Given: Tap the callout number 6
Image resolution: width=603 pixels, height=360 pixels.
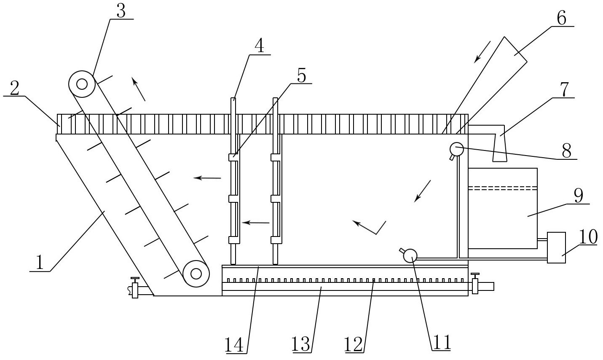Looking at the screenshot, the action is pos(561,19).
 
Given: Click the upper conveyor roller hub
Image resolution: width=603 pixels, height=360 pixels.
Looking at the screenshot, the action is pos(82,84).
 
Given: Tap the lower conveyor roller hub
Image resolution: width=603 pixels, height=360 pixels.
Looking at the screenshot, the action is pos(196,274).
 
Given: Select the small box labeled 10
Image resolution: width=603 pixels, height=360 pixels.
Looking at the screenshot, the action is pos(556,247).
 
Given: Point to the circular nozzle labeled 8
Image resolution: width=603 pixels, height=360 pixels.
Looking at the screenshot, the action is pos(456,150).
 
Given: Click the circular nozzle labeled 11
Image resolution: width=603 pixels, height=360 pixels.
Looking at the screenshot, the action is pos(410,255).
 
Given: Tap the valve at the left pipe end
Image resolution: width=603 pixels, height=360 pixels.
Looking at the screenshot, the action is pos(135,288).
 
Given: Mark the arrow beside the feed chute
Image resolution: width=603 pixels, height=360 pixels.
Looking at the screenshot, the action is pos(482,52).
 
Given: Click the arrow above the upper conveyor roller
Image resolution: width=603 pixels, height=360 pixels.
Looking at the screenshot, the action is pos(138,89).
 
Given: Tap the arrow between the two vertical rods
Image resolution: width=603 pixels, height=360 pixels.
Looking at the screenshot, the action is pos(255,223).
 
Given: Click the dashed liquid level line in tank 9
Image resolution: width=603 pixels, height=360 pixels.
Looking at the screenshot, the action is pos(503,188).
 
